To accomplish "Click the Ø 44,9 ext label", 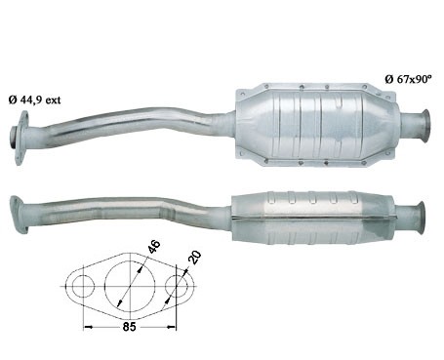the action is tap(34, 100).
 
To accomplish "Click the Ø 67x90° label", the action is tap(408, 79).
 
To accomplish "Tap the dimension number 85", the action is tap(129, 327).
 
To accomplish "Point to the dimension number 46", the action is tap(153, 247).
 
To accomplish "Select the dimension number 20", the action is tap(194, 258).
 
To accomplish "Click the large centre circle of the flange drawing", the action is tap(130, 286).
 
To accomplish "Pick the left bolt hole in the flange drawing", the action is tap(83, 286).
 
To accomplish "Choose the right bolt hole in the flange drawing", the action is tap(177, 286).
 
